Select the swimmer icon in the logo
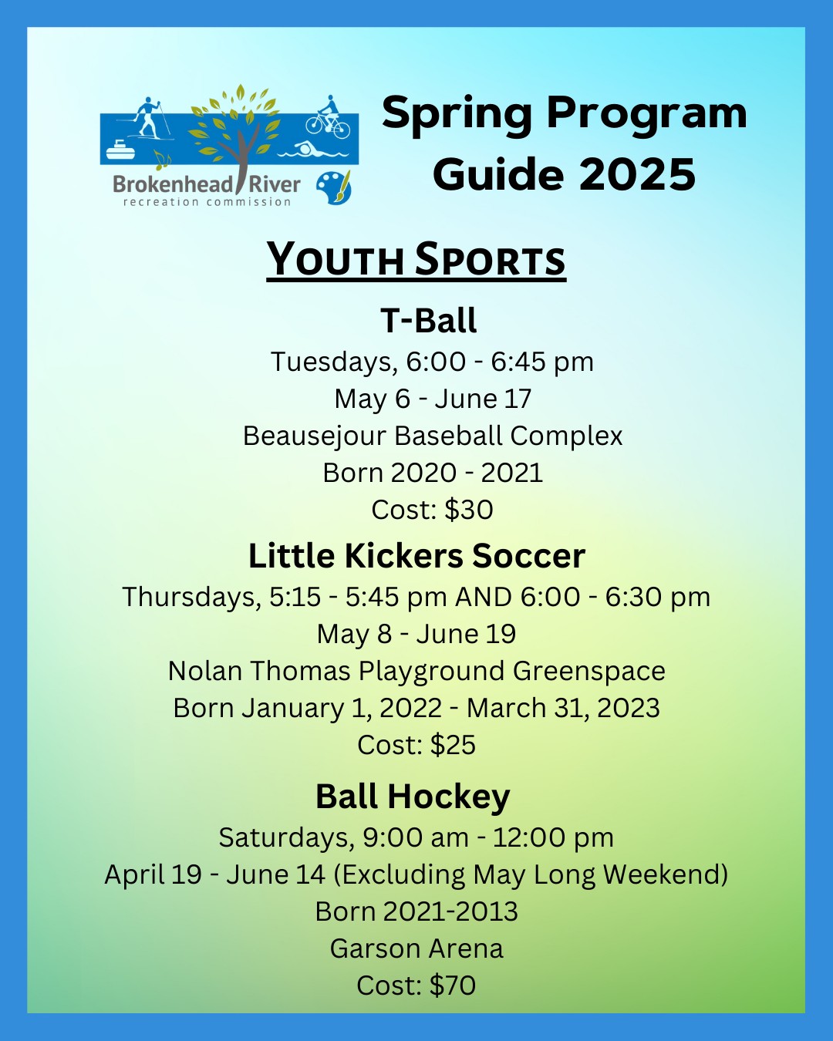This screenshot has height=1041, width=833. pos(312,150)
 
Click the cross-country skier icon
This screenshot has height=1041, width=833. pos(147,119)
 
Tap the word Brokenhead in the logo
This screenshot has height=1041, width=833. pos(172,185)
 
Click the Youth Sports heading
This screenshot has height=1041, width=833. pos(416,260)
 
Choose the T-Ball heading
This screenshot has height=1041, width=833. pos(429,320)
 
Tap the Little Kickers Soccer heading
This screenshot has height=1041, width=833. pos(416,556)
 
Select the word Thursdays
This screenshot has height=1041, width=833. pos(189,596)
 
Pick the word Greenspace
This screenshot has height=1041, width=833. pos(589,672)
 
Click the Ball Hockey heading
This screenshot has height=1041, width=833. pos(413,797)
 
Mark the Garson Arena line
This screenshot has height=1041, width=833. pos(416,948)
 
